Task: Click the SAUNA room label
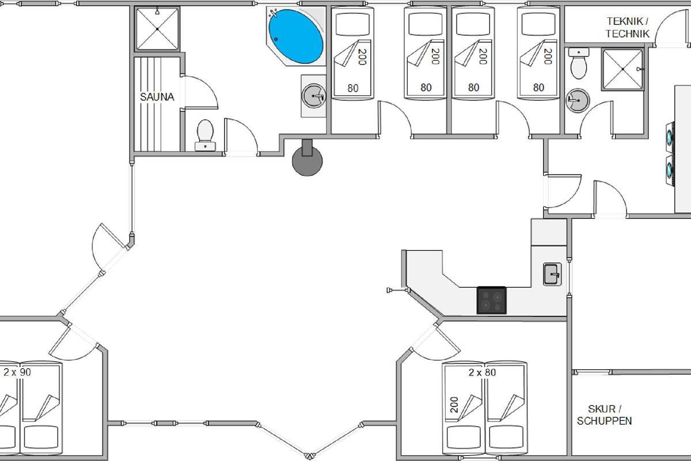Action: pyautogui.click(x=157, y=97)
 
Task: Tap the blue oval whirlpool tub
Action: pyautogui.click(x=296, y=36)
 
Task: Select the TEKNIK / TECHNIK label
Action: pyautogui.click(x=627, y=28)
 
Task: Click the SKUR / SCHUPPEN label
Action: pyautogui.click(x=604, y=415)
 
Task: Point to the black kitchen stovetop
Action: pyautogui.click(x=491, y=300)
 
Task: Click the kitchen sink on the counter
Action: pyautogui.click(x=552, y=274)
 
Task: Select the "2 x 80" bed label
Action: pyautogui.click(x=482, y=372)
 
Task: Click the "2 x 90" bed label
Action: pyautogui.click(x=17, y=372)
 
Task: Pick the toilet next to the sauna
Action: pyautogui.click(x=205, y=135)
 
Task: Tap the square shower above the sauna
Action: pyautogui.click(x=157, y=29)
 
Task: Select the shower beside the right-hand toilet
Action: pyautogui.click(x=623, y=69)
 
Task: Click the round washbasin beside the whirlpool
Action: pyautogui.click(x=314, y=96)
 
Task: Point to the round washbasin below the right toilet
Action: pyautogui.click(x=578, y=100)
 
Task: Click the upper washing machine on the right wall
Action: pyautogui.click(x=670, y=138)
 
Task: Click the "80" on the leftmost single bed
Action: pyautogui.click(x=353, y=88)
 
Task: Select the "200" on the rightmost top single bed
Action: pyautogui.click(x=548, y=56)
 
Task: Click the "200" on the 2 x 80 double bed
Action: pyautogui.click(x=454, y=405)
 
